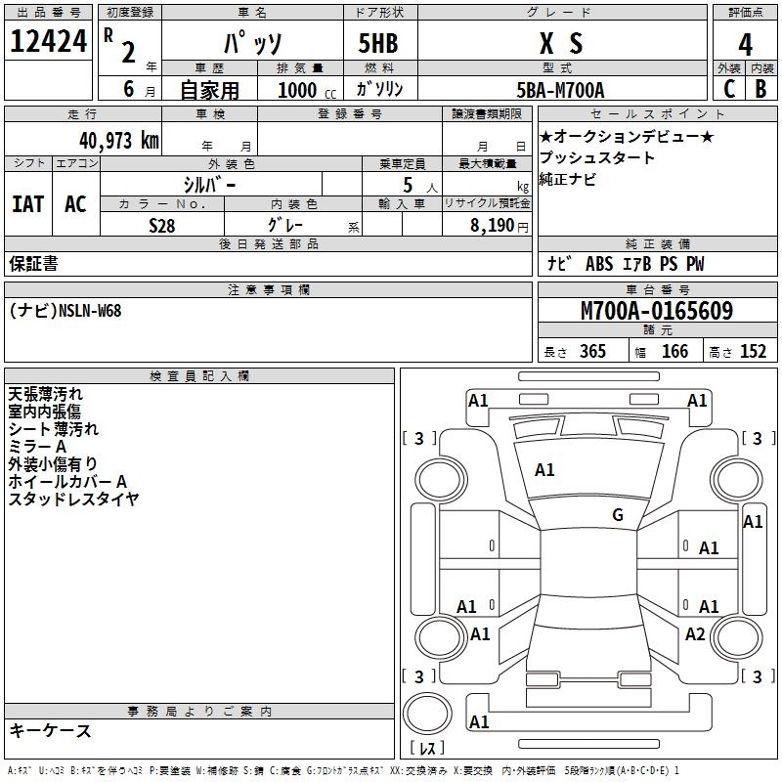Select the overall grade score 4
(x=746, y=45)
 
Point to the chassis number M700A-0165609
(x=656, y=311)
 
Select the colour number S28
(x=163, y=225)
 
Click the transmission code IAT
(x=27, y=203)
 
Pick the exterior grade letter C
(x=728, y=88)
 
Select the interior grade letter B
(x=760, y=88)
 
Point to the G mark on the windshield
(x=618, y=515)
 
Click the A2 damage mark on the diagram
(x=695, y=633)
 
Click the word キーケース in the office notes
(x=50, y=730)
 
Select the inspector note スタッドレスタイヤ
(x=73, y=500)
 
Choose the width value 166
(x=674, y=352)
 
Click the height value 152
(x=753, y=352)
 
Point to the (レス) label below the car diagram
(x=431, y=749)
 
